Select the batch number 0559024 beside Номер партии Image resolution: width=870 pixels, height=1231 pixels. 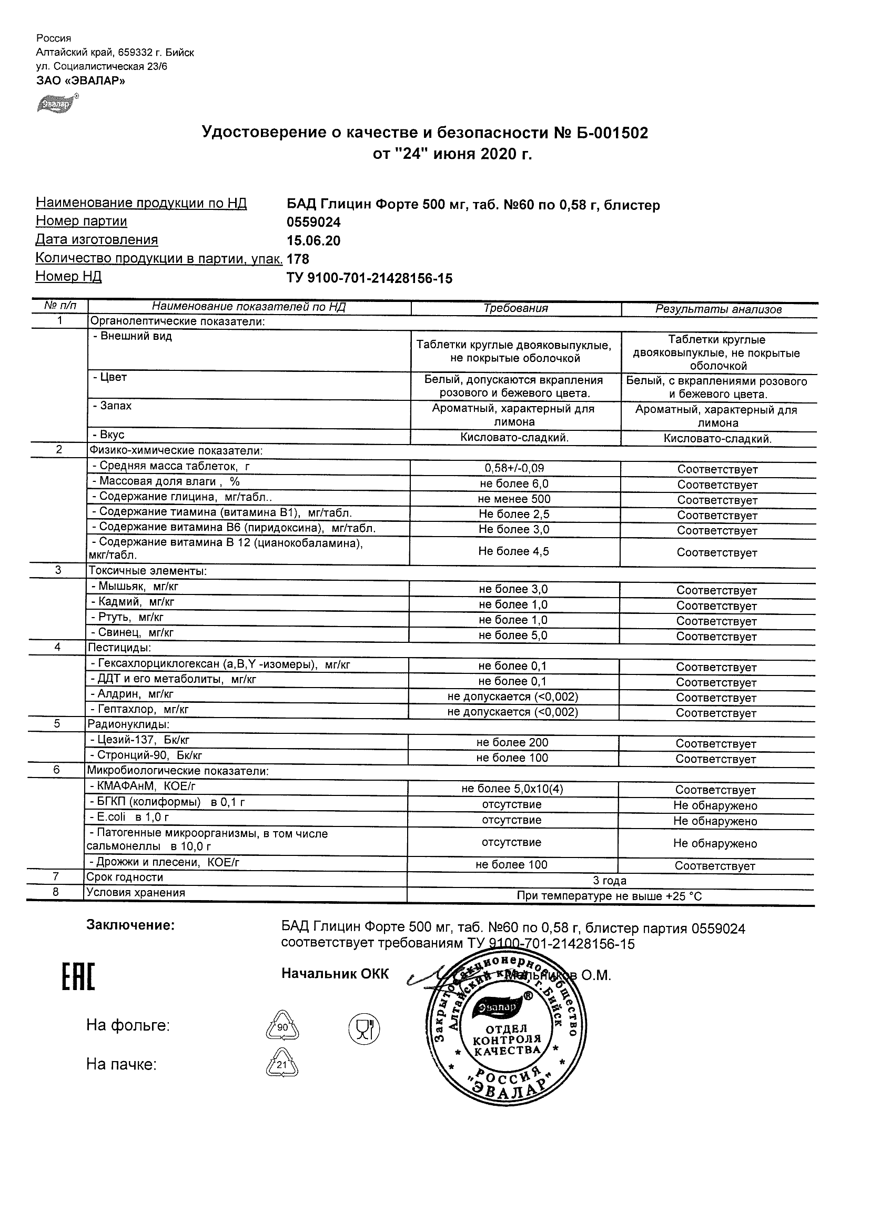coord(313,223)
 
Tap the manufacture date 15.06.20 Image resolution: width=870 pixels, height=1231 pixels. coord(313,241)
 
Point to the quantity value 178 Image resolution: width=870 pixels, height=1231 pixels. coord(298,259)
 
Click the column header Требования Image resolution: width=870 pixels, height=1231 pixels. coord(515,308)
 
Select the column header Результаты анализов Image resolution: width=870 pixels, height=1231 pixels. coord(719,309)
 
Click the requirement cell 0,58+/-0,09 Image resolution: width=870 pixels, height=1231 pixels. coord(514,468)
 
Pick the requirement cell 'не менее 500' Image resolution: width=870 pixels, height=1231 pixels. coord(514,499)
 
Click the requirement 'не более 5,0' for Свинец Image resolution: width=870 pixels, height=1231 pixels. coord(513,635)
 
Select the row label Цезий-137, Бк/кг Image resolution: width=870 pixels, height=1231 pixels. coord(143,740)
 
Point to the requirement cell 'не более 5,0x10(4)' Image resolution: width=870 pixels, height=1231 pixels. coord(512,789)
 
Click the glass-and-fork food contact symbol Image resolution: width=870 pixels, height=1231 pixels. coord(364,1028)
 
